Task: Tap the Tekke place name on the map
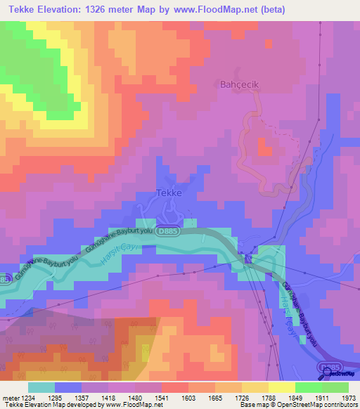pyautogui.click(x=169, y=194)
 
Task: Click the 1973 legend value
pyautogui.click(x=348, y=398)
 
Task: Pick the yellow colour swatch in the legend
pyautogui.click(x=281, y=387)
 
